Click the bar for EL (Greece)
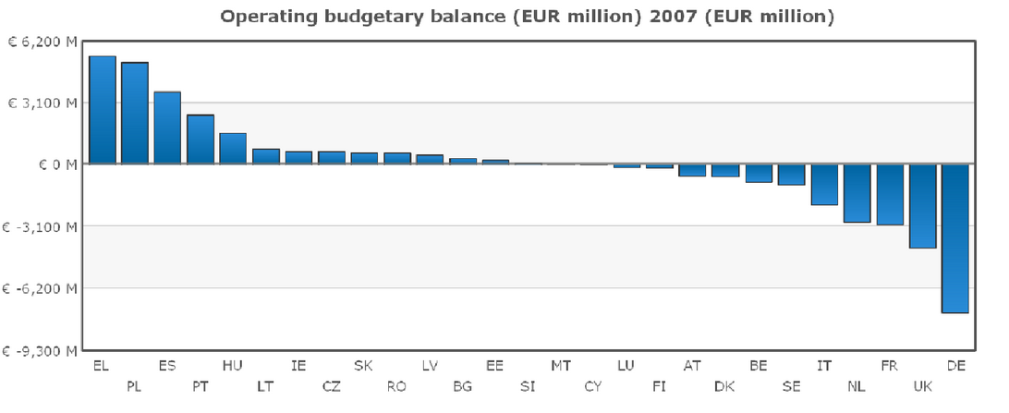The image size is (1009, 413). pyautogui.click(x=102, y=110)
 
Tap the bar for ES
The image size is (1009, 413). pyautogui.click(x=167, y=128)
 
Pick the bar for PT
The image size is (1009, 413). pyautogui.click(x=201, y=139)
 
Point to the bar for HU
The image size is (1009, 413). pyautogui.click(x=233, y=149)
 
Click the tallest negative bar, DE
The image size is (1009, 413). pyautogui.click(x=955, y=238)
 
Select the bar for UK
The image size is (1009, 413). pyautogui.click(x=922, y=206)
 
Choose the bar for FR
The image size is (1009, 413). pyautogui.click(x=890, y=194)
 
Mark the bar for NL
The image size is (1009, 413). pyautogui.click(x=857, y=193)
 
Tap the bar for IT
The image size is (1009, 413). pyautogui.click(x=824, y=185)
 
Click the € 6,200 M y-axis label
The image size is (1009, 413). pyautogui.click(x=43, y=42)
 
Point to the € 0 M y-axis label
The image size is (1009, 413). pyautogui.click(x=55, y=164)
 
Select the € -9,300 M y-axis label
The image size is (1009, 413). pyautogui.click(x=40, y=351)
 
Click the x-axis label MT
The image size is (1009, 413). pyautogui.click(x=561, y=366)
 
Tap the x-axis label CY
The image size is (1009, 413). pyautogui.click(x=593, y=386)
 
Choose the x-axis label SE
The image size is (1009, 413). pyautogui.click(x=791, y=386)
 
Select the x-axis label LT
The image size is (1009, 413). pyautogui.click(x=265, y=386)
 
